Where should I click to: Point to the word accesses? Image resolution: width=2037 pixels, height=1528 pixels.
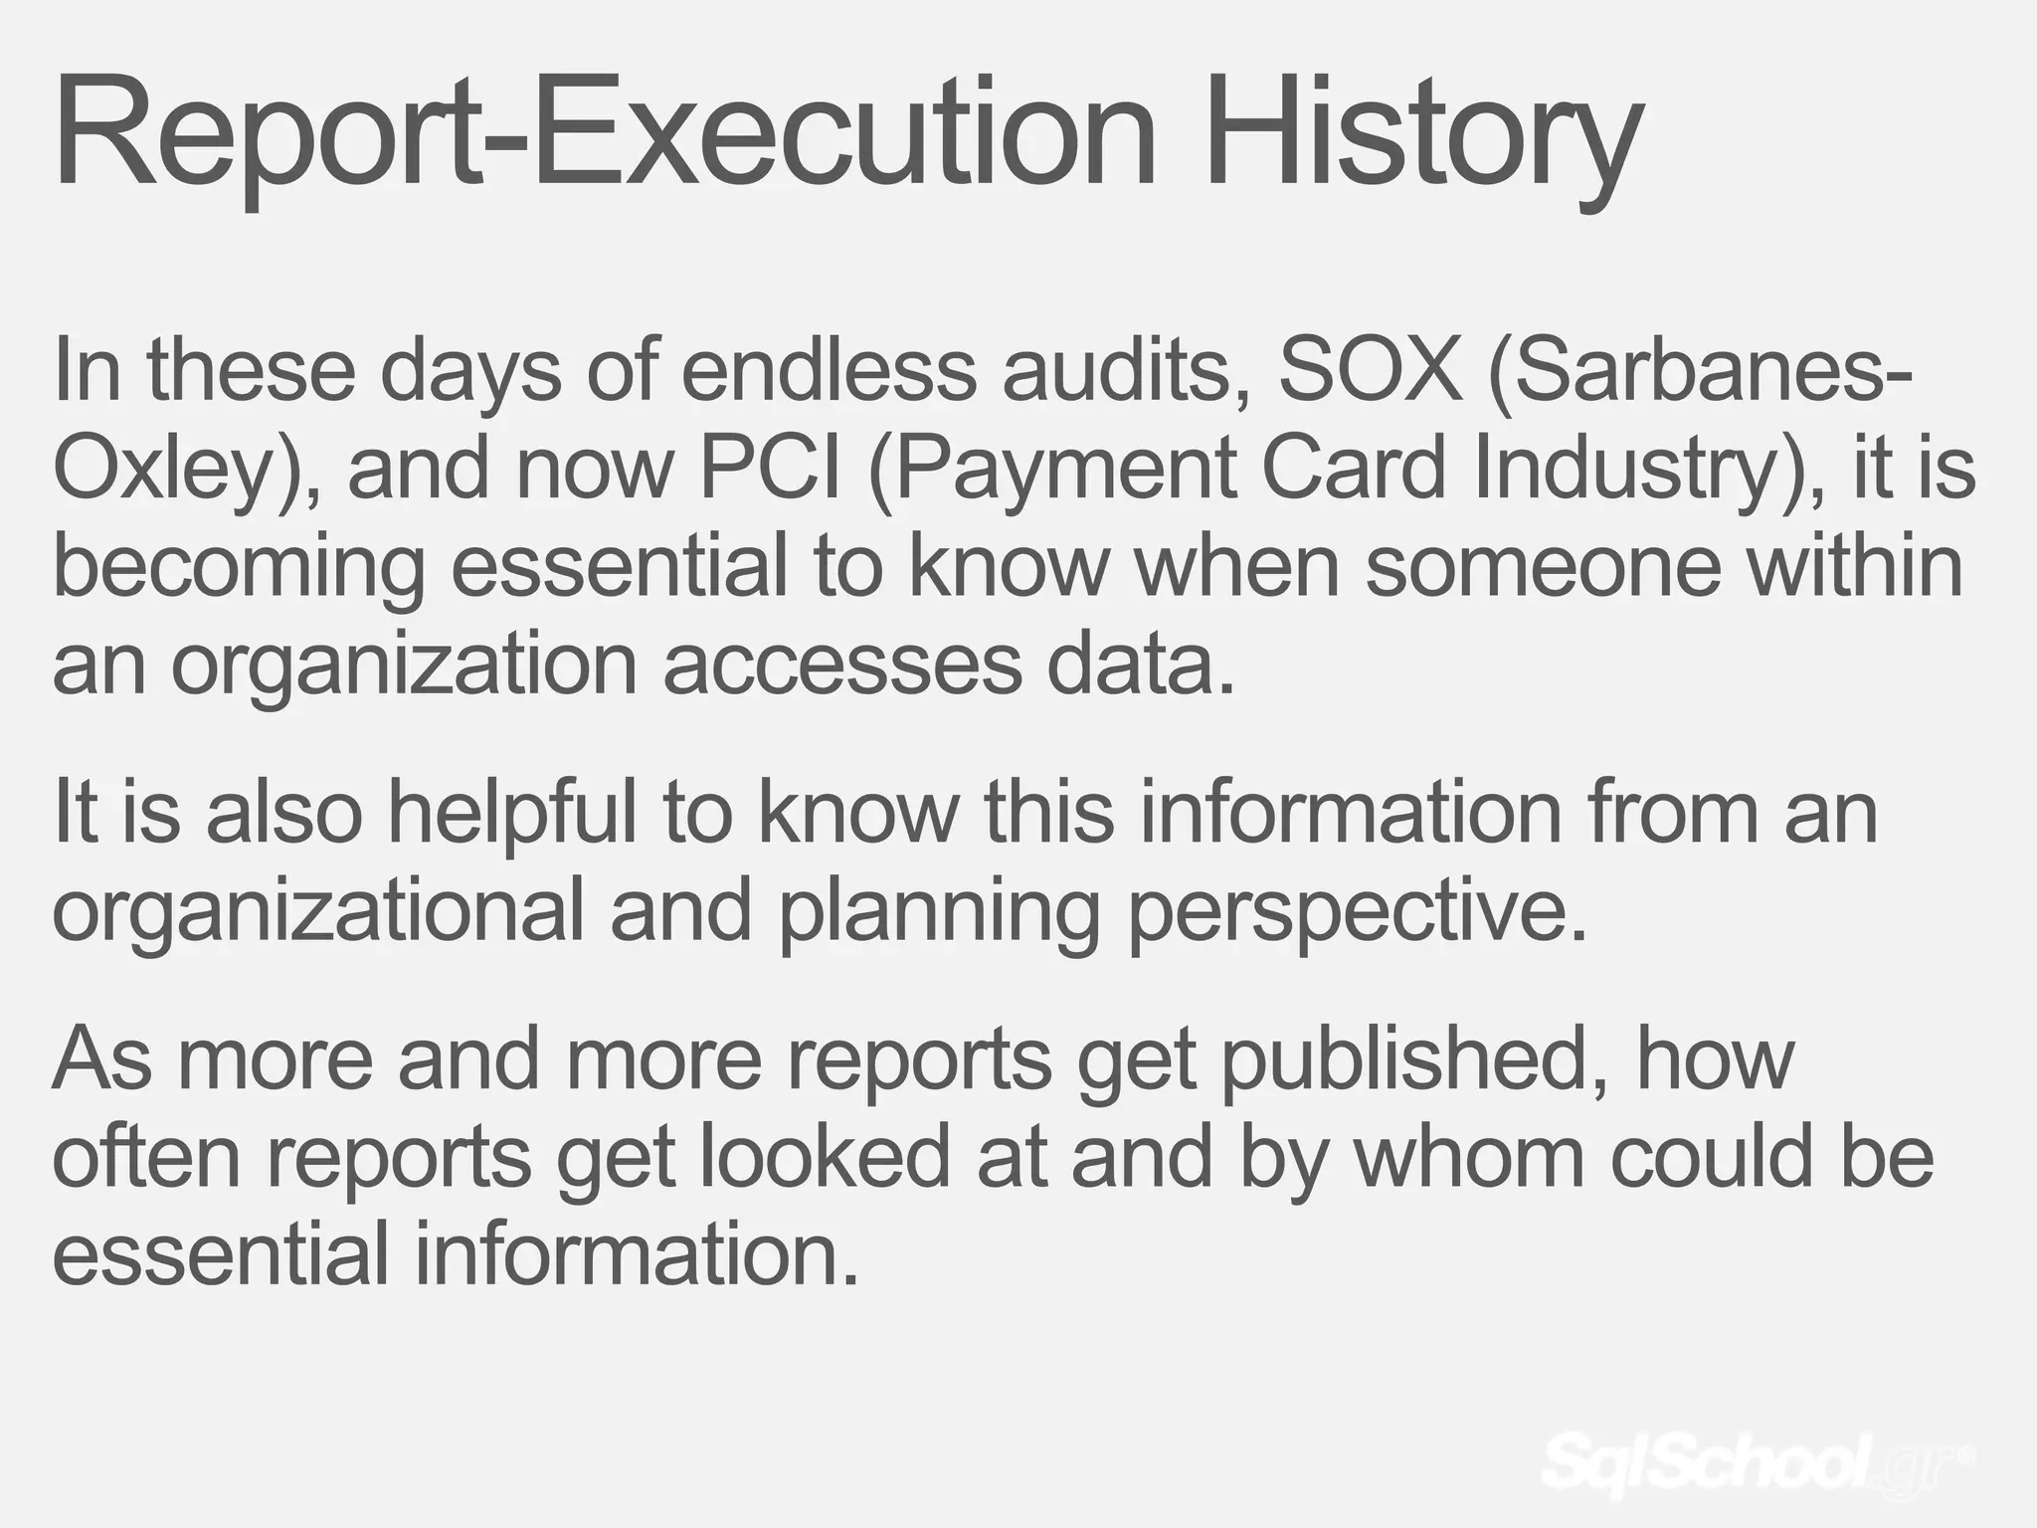pyautogui.click(x=841, y=664)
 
